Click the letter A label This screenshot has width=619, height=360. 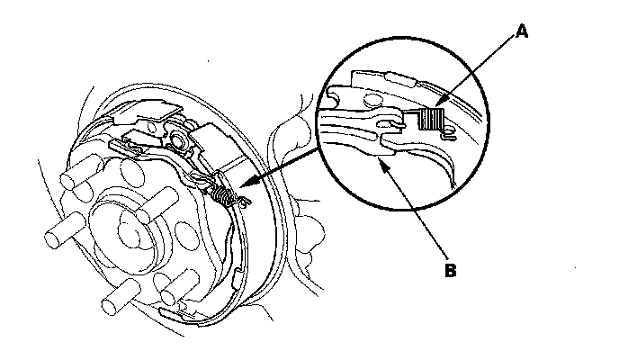click(x=521, y=31)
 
